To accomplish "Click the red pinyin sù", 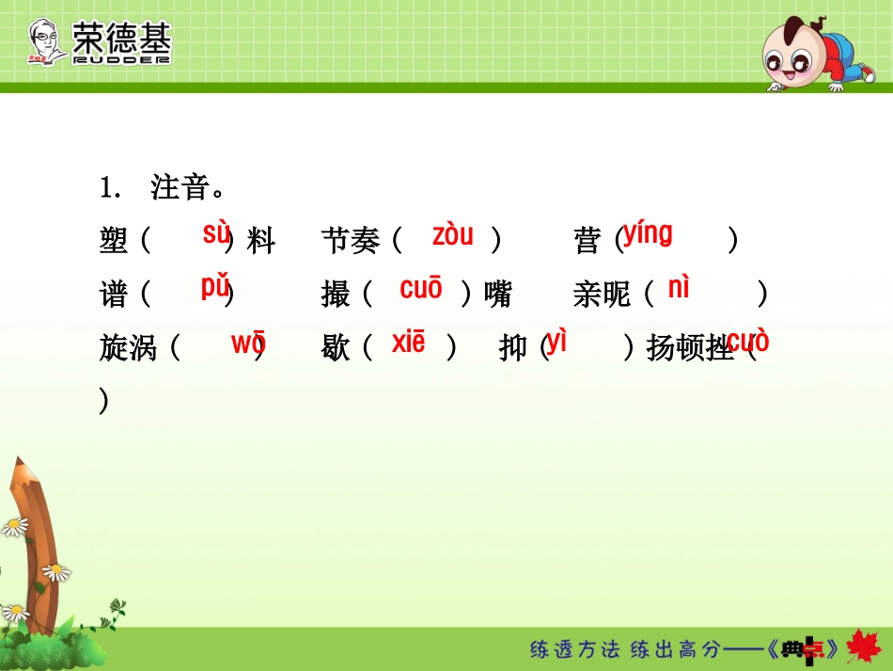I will coord(216,232).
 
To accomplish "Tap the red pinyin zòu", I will coord(452,235).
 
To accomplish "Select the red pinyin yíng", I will coord(648,232).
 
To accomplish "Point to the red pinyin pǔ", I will coord(215,287).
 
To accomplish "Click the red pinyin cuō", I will coord(420,289).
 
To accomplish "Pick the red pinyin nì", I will coord(678,288).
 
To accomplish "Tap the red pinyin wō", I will coord(248,343).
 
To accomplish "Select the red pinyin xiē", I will coord(408,343).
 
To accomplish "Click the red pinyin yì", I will coord(556,342).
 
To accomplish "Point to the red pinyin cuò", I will coord(747,342).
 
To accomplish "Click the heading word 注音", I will coord(179,188).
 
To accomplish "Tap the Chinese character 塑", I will coord(113,242).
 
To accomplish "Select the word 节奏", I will coord(350,242).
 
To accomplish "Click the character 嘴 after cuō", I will coord(498,296).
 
